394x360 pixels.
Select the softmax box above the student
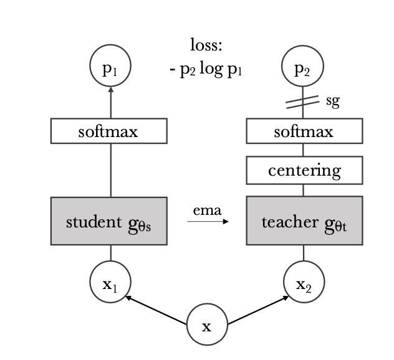108,131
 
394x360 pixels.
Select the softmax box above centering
304,131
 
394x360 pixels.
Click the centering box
304,171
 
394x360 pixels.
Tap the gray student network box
108,221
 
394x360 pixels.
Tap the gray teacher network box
304,221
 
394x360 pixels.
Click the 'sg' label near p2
333,102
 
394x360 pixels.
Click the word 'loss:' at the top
206,45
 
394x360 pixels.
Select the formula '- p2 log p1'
206,69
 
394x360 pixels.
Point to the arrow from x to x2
257,310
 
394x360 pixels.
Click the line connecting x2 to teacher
304,253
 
